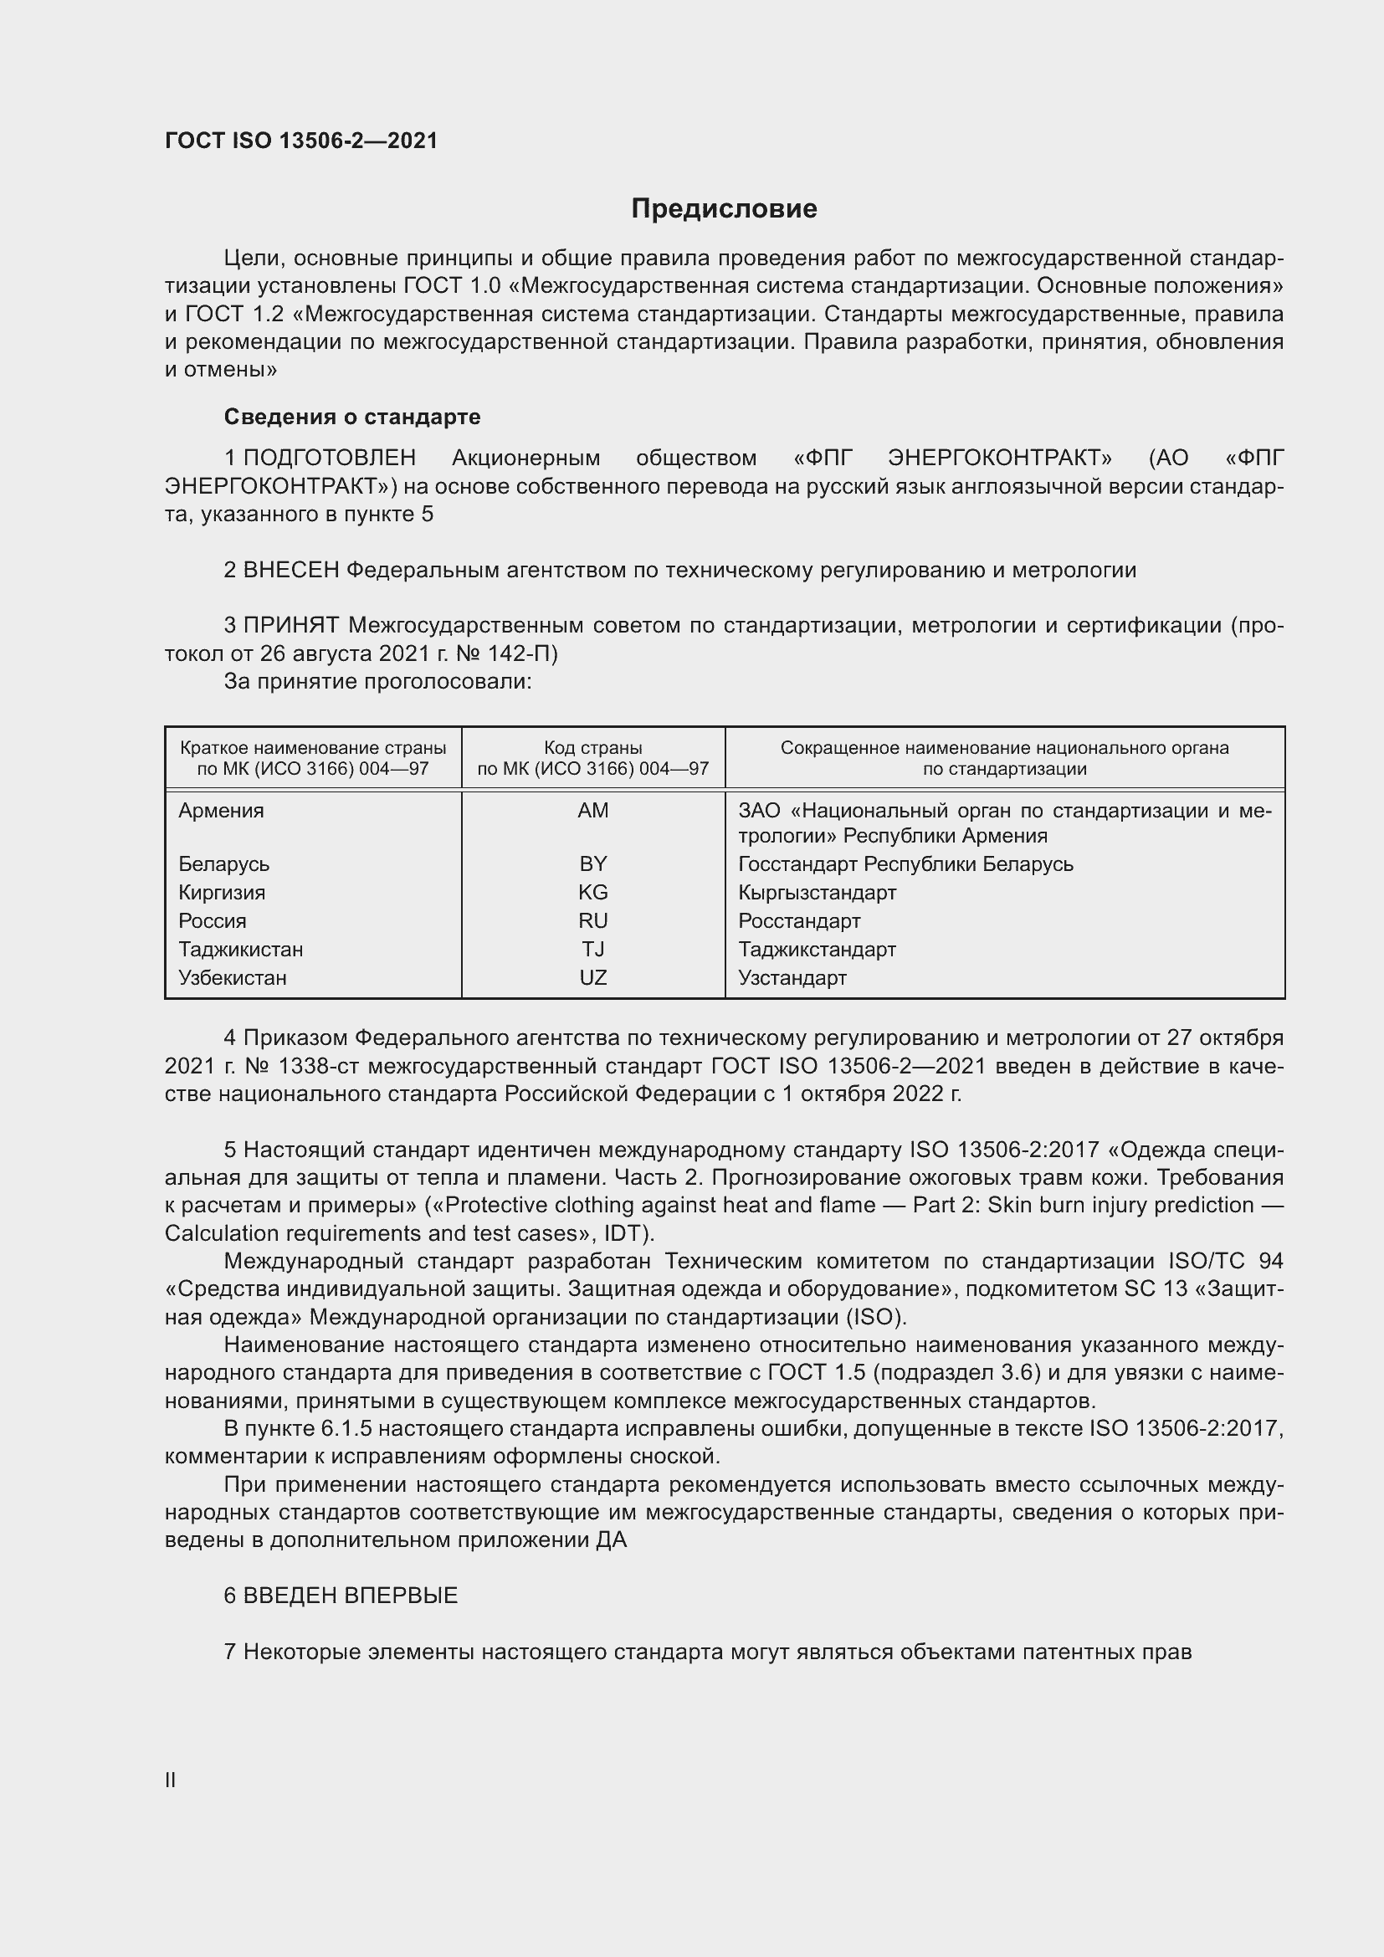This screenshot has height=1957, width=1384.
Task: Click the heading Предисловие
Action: click(724, 209)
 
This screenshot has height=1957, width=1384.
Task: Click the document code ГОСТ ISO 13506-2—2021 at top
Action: click(301, 141)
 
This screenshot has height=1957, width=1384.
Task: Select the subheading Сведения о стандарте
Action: click(352, 417)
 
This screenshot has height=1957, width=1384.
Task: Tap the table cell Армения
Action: click(221, 811)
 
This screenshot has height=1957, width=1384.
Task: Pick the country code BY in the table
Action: click(592, 864)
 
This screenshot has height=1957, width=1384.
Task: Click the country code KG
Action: click(592, 893)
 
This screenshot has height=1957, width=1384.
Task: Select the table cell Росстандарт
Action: click(798, 921)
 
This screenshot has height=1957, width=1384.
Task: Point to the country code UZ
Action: click(592, 977)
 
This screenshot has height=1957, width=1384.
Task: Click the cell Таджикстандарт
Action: click(817, 950)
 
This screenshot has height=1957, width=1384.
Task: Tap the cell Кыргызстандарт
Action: click(817, 893)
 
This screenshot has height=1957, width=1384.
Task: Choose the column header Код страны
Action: click(592, 748)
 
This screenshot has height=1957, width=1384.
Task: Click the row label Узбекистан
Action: click(232, 977)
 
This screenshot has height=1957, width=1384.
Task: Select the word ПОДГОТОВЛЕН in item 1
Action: click(330, 459)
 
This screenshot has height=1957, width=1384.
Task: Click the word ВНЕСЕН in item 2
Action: click(291, 571)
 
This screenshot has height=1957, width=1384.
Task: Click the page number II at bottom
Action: click(171, 1780)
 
